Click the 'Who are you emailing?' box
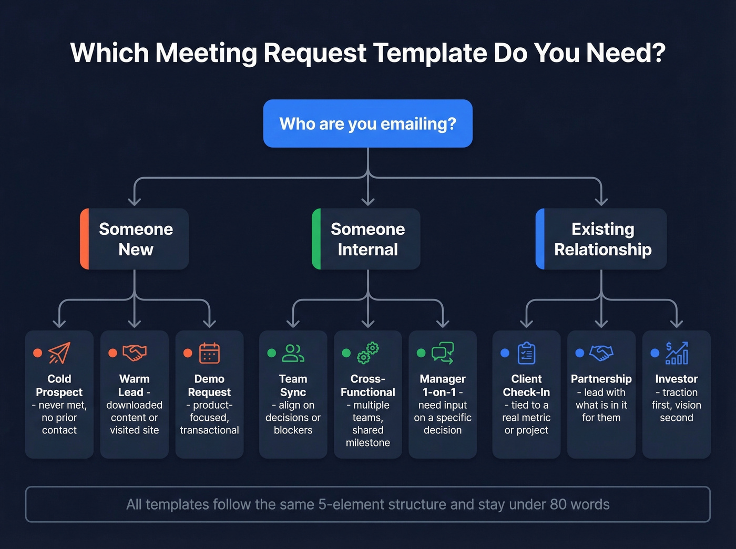[x=367, y=123]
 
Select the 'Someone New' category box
[x=135, y=239]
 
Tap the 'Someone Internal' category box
[x=367, y=239]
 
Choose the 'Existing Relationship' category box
[x=601, y=239]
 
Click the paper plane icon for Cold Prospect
[x=59, y=353]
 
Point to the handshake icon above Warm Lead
[x=135, y=353]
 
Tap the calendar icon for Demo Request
[x=209, y=353]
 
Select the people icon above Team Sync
[x=293, y=353]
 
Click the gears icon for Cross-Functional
[x=368, y=353]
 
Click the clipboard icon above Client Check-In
[x=526, y=353]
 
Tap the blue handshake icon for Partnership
[x=601, y=353]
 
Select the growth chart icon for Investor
[x=677, y=353]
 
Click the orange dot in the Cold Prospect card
[x=38, y=353]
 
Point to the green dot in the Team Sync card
[x=272, y=353]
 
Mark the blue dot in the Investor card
[x=655, y=353]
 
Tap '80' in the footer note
[x=558, y=504]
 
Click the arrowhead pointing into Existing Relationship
[x=601, y=202]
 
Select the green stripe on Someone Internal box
[x=316, y=239]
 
